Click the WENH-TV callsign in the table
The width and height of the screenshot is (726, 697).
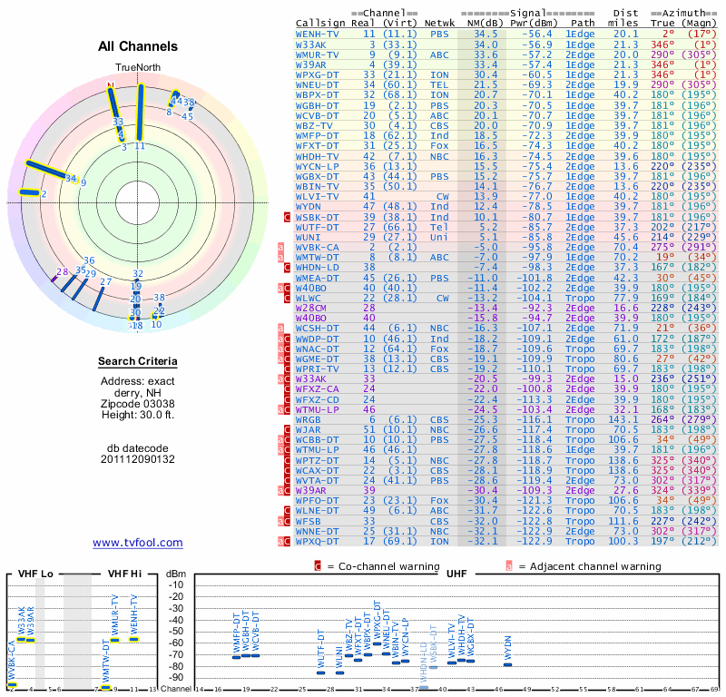tap(318, 34)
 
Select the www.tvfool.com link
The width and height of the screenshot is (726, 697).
tap(137, 543)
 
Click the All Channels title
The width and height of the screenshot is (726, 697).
tap(138, 46)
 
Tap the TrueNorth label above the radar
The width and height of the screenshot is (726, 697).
tap(137, 68)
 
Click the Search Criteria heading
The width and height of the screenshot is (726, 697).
tap(137, 362)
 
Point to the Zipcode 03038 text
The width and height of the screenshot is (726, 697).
tap(137, 402)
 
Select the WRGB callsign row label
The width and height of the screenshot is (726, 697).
tap(309, 420)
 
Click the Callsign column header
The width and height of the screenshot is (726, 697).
tap(321, 23)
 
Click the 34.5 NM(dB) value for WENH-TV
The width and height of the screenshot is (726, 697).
tap(486, 34)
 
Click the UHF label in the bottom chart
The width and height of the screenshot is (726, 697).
tap(457, 574)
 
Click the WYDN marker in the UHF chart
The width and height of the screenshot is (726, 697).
tap(507, 664)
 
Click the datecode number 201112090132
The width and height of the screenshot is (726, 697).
tap(137, 460)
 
